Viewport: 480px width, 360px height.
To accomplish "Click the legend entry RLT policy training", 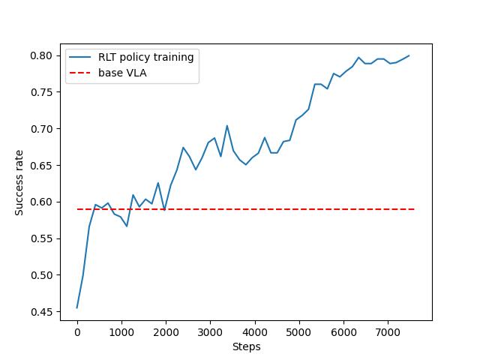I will (x=146, y=57).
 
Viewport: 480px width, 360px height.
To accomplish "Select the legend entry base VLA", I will (x=122, y=73).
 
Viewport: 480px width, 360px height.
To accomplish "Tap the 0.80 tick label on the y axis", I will (x=42, y=55).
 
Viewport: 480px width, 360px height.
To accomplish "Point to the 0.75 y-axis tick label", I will (x=42, y=92).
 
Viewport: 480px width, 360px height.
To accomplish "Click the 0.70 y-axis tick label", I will (x=42, y=129).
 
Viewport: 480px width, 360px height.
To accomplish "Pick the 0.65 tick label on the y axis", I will (x=42, y=166).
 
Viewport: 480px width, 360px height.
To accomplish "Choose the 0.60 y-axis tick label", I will (x=42, y=202).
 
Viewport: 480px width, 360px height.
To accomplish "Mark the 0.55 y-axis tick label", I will (x=42, y=238).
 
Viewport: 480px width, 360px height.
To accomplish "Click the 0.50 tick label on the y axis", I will (x=42, y=275).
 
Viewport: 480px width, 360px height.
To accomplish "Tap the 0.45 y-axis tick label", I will (x=42, y=312).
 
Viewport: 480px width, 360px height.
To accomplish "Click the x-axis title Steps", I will (x=246, y=346).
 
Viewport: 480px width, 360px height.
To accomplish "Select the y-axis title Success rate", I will (x=19, y=183).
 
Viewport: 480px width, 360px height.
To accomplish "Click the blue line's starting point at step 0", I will (x=77, y=307).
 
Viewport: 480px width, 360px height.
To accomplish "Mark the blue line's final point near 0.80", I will (x=409, y=55).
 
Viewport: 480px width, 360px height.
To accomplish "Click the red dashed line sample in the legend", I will (x=81, y=73).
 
